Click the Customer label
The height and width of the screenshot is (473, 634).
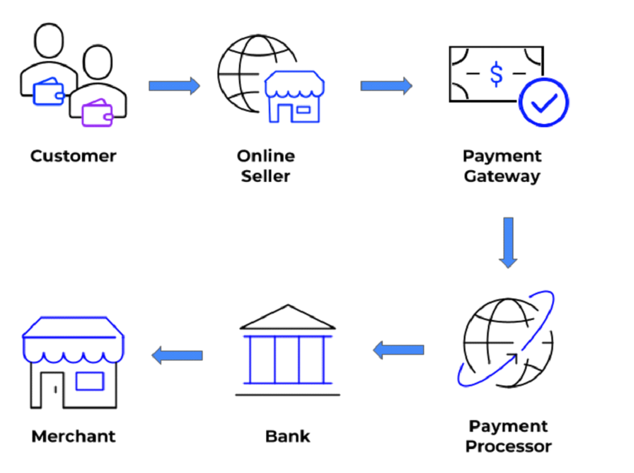coord(73,156)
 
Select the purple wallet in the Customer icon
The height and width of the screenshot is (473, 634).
coord(97,113)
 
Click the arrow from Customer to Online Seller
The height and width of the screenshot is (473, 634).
coord(174,85)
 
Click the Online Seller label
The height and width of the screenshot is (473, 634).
coord(266,166)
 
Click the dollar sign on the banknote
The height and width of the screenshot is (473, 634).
coord(496,75)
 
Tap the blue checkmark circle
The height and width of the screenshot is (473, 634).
coord(543,102)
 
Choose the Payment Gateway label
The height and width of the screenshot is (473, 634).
coord(502,166)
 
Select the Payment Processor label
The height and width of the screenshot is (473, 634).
coord(508,436)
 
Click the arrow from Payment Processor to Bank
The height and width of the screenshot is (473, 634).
coord(399,350)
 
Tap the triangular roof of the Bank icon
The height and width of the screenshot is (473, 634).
coord(287,318)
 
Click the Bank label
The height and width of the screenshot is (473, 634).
coord(287,437)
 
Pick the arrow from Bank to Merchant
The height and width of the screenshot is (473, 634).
coord(177,355)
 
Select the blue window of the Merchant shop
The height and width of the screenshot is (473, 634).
coord(89,382)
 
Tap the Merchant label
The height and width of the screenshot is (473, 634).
coord(73,437)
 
